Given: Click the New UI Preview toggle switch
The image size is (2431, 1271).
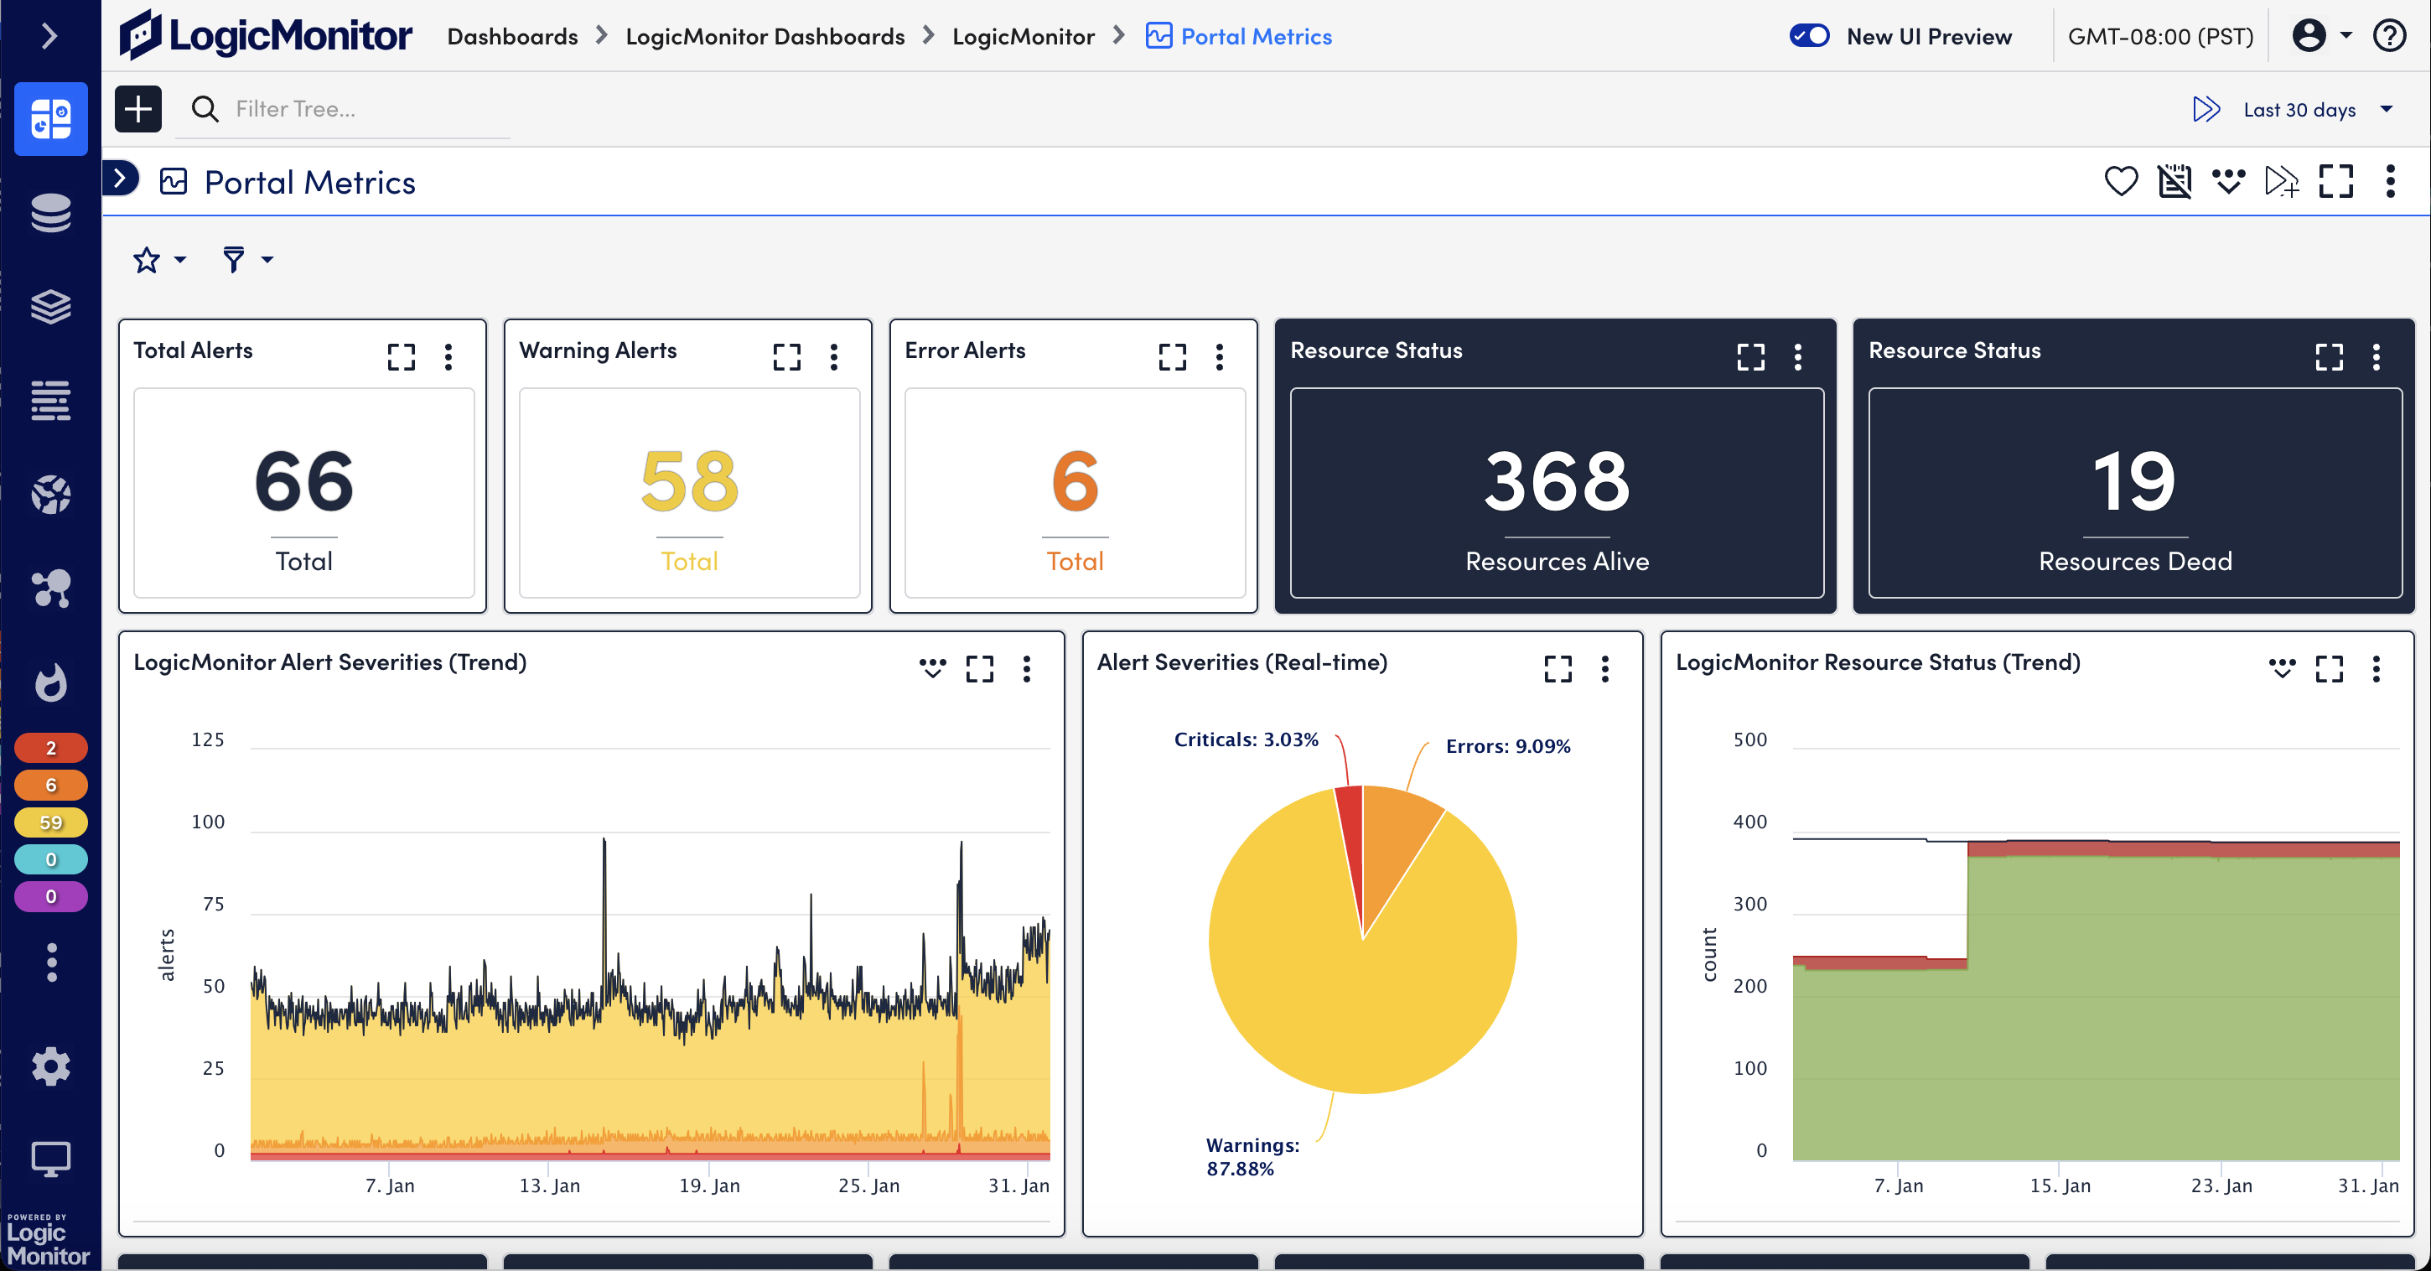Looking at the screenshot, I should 1808,36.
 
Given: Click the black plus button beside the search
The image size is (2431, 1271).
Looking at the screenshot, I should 137,110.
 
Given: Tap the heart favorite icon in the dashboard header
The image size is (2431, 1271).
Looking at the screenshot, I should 2121,180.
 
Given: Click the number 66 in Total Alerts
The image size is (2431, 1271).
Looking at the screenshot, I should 303,481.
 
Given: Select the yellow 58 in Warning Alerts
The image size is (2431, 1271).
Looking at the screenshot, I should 689,481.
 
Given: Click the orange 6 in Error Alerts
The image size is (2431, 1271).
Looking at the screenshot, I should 1075,481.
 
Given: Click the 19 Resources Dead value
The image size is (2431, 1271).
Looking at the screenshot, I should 2135,481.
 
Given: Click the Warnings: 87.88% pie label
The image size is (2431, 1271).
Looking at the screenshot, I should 1252,1156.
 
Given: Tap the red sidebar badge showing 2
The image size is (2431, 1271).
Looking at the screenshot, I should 51,748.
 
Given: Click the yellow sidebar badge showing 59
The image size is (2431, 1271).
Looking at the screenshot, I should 51,822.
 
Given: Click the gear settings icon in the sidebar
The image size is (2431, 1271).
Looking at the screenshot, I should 51,1066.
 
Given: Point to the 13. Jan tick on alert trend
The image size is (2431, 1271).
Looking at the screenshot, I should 549,1185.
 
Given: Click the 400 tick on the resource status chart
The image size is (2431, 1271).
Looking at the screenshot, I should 1749,822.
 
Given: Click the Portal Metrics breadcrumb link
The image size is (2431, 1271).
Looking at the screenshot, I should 1255,36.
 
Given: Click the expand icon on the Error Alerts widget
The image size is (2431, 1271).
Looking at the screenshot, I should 1172,356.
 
